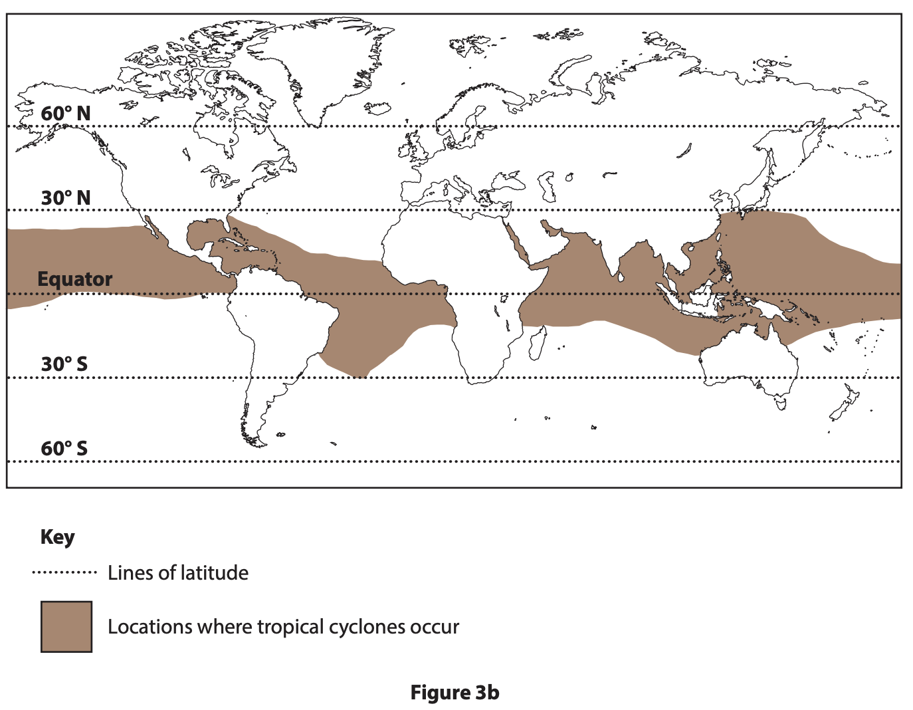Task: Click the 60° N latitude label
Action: click(x=65, y=114)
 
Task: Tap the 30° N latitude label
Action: click(x=65, y=198)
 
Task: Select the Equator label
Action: click(x=74, y=279)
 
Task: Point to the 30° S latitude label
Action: click(x=64, y=364)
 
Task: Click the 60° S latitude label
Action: click(x=64, y=449)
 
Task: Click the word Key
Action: click(x=57, y=537)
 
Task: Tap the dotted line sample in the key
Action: click(x=64, y=572)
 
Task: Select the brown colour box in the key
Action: click(x=66, y=627)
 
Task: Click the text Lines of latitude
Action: click(x=178, y=573)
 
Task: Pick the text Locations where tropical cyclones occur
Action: click(x=283, y=627)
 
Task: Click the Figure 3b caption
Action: click(x=455, y=693)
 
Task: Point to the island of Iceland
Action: click(x=378, y=108)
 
